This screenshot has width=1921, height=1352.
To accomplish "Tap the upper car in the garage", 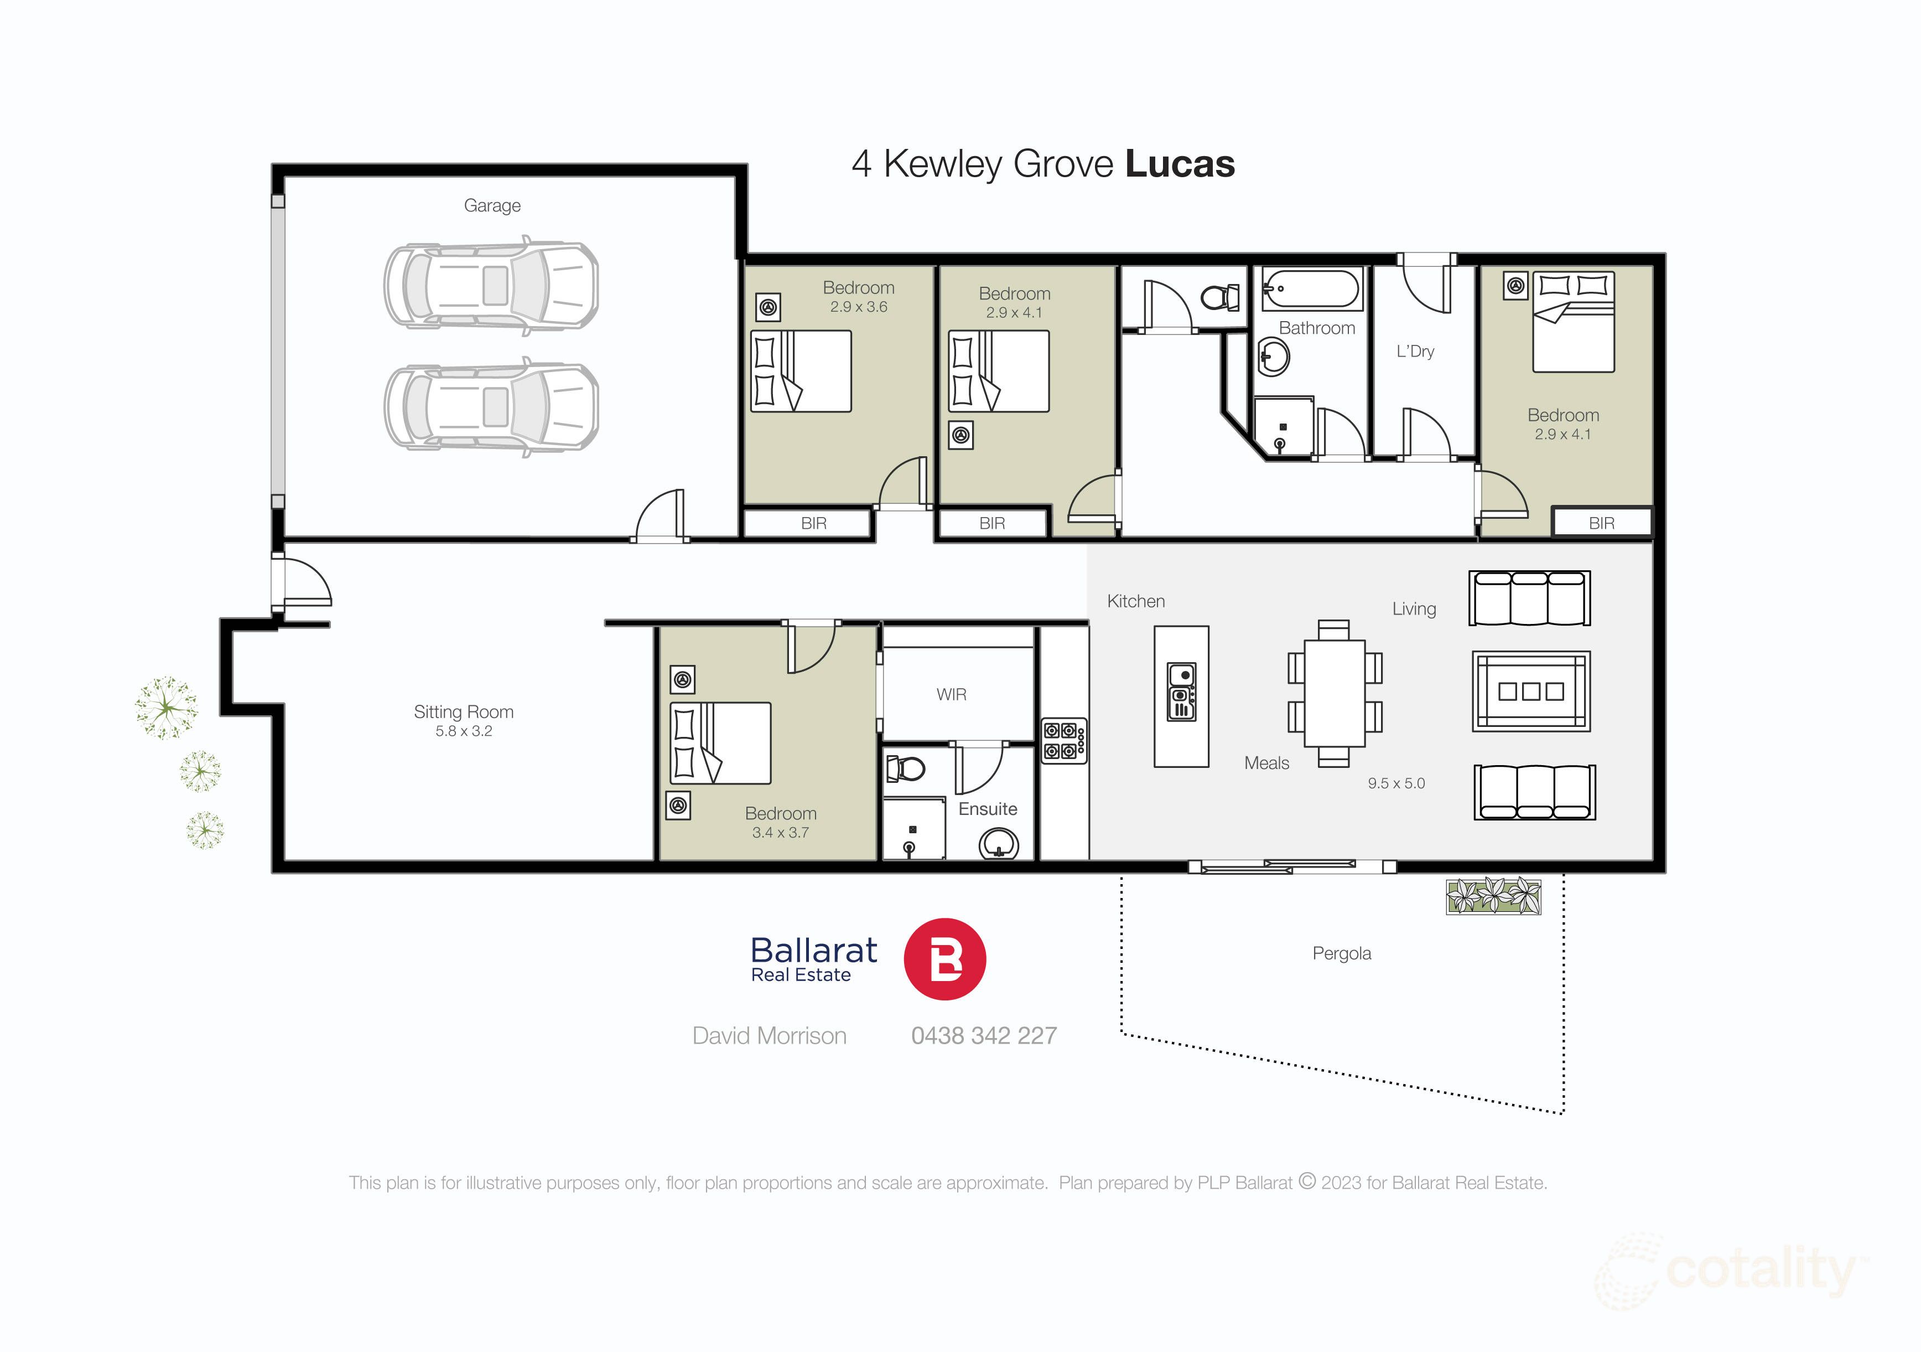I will (x=491, y=286).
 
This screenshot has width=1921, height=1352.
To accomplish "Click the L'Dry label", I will (x=1415, y=352).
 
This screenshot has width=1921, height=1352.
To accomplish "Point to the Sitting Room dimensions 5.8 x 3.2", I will (x=464, y=731).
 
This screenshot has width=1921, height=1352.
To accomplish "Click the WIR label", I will (x=951, y=694).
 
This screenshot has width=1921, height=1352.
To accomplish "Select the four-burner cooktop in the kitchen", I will (x=1063, y=741).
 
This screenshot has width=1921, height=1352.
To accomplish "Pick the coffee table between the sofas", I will (x=1530, y=692).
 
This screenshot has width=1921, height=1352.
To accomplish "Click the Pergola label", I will (x=1341, y=953).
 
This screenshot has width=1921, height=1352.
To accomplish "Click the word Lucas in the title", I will (x=1180, y=164).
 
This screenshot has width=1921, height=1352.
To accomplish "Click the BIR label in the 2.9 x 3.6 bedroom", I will (x=813, y=523).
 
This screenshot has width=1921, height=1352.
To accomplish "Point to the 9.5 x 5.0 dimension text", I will (x=1395, y=783).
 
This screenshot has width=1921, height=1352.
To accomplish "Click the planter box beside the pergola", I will (x=1493, y=896).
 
